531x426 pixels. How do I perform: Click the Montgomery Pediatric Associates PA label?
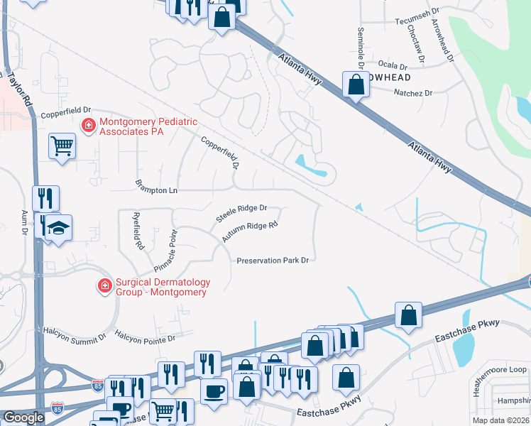(x=148, y=126)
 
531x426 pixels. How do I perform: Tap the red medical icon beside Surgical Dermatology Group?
(x=104, y=285)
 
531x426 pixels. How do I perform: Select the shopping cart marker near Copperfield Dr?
(x=62, y=146)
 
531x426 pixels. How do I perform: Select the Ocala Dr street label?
(x=393, y=65)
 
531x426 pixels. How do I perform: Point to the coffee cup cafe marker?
(x=214, y=390)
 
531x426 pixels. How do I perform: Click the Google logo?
(x=23, y=417)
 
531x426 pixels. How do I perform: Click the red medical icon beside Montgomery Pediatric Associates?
(x=89, y=126)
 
